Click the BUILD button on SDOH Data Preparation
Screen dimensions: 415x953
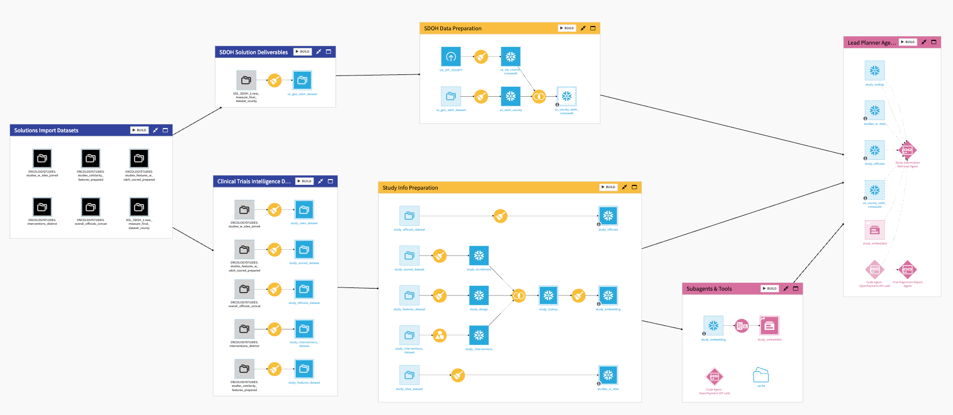[567, 28]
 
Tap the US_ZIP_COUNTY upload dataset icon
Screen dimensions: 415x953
[451, 57]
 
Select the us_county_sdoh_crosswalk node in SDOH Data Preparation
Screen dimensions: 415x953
[567, 97]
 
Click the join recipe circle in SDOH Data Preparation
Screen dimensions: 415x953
[539, 97]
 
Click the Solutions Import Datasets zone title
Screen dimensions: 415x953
[46, 130]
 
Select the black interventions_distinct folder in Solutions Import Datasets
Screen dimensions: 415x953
[43, 207]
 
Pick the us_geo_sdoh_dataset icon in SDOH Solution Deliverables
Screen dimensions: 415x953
[302, 80]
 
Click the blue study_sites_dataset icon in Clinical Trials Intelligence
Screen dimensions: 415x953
[304, 210]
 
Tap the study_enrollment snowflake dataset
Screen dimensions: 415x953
[479, 256]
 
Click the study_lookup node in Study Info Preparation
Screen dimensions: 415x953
[548, 295]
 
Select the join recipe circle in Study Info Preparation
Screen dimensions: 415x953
[519, 295]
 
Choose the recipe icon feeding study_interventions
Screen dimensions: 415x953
[439, 335]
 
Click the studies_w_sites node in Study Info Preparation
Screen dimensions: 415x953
[608, 375]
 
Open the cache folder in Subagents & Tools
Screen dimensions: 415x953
[761, 375]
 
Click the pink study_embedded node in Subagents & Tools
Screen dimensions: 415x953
[769, 326]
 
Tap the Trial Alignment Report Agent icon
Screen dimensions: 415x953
[907, 269]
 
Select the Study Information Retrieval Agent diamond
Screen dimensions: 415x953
[907, 150]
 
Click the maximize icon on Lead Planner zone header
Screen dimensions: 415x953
[933, 42]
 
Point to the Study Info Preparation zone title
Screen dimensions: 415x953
[410, 188]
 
